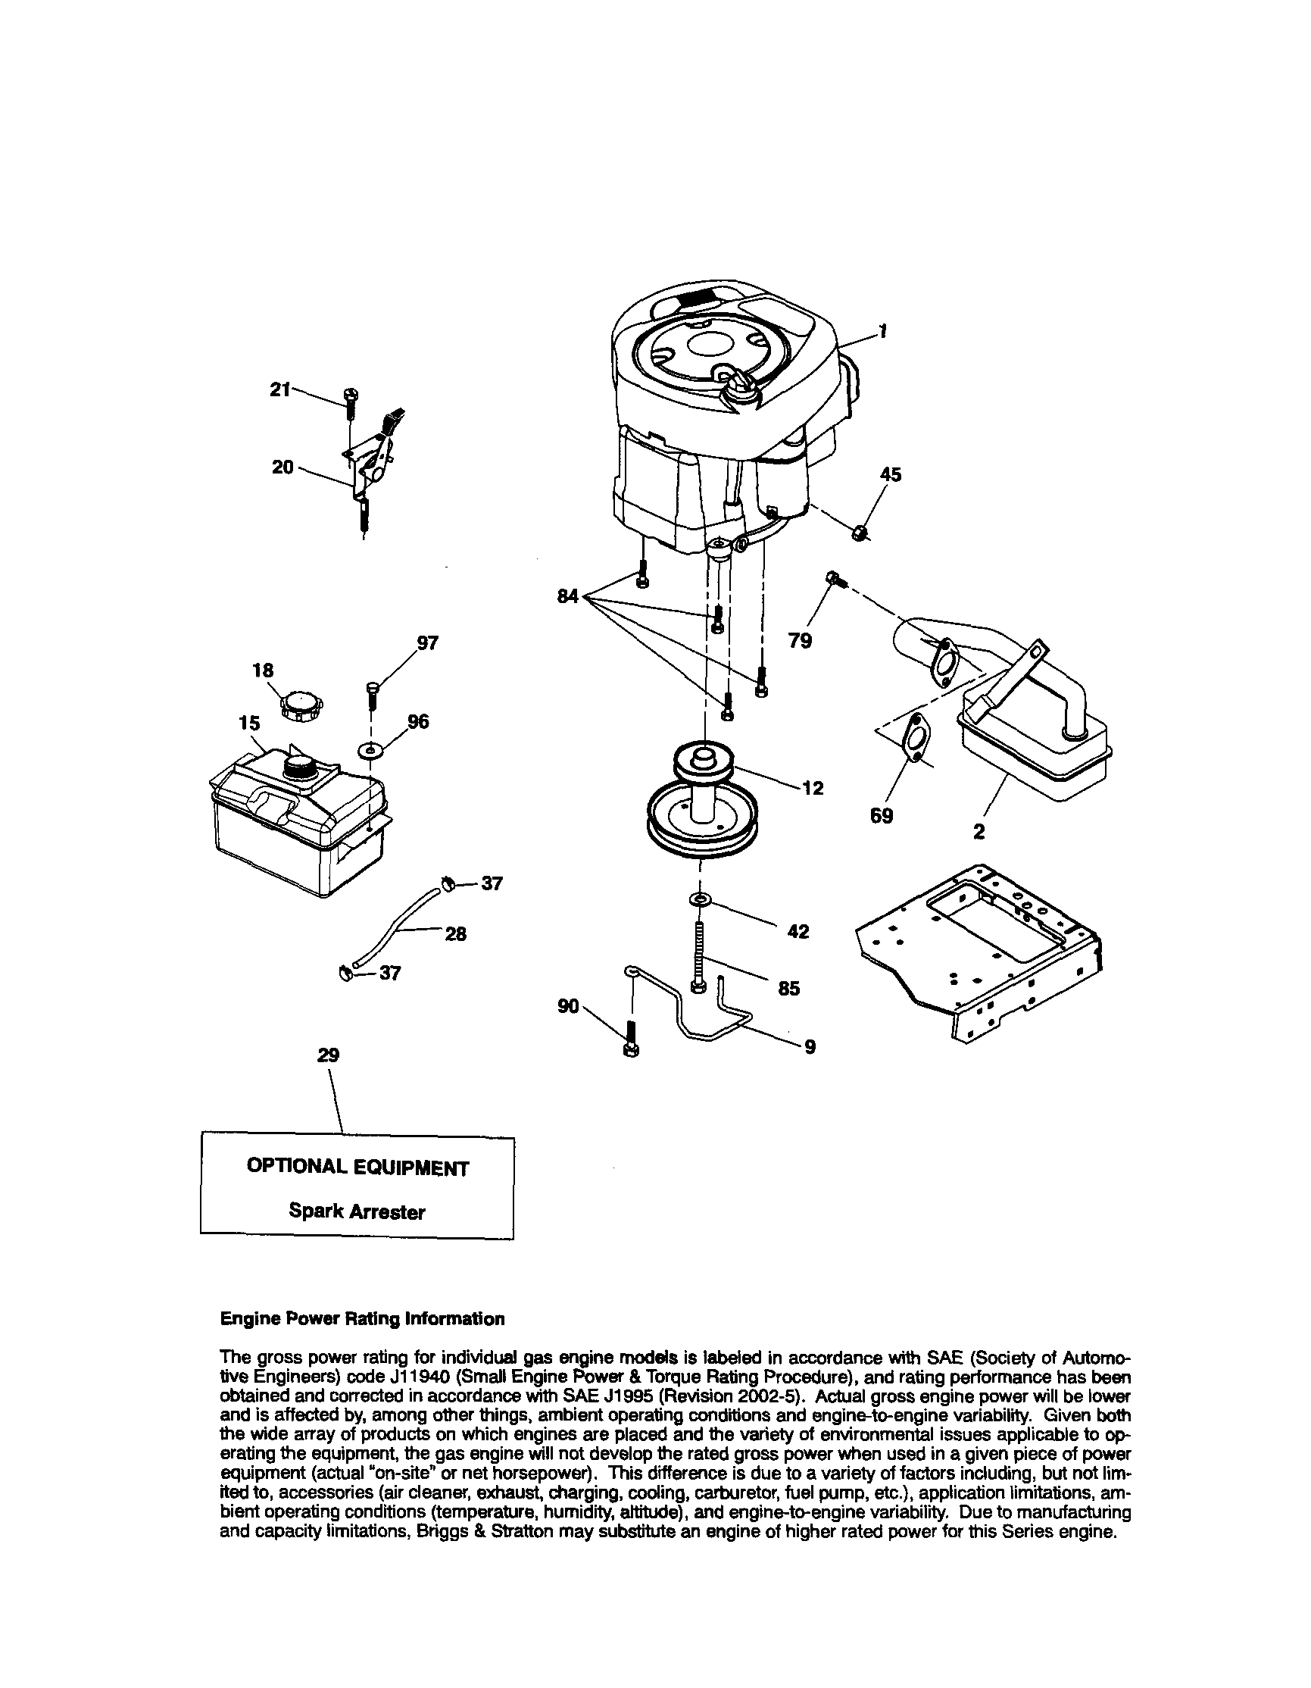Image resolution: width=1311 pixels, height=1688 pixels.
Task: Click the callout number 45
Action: (x=890, y=474)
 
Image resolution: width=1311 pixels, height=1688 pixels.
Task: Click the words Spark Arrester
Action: (x=356, y=1211)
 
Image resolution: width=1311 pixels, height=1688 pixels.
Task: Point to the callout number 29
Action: (x=329, y=1055)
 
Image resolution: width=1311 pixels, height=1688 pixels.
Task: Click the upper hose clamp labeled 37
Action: (x=448, y=883)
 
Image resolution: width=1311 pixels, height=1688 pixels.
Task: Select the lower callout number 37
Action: (x=390, y=973)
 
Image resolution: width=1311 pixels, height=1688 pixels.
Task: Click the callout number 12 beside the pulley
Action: (x=813, y=789)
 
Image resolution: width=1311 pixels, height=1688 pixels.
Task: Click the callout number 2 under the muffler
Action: (x=979, y=832)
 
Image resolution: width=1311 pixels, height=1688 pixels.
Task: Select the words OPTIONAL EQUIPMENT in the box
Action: (x=357, y=1168)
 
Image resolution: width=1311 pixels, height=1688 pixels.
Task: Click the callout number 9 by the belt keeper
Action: (x=810, y=1047)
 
